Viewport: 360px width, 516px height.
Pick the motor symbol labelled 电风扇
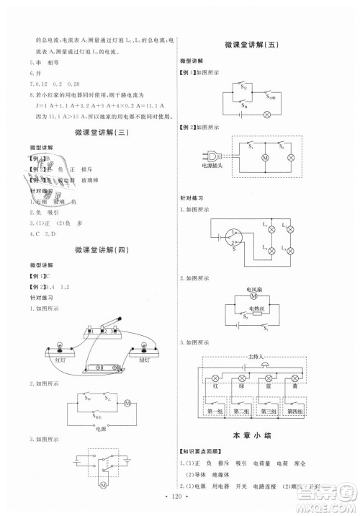(253, 295)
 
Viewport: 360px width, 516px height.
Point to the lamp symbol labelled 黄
(295, 378)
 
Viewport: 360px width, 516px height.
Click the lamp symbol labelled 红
(215, 378)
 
